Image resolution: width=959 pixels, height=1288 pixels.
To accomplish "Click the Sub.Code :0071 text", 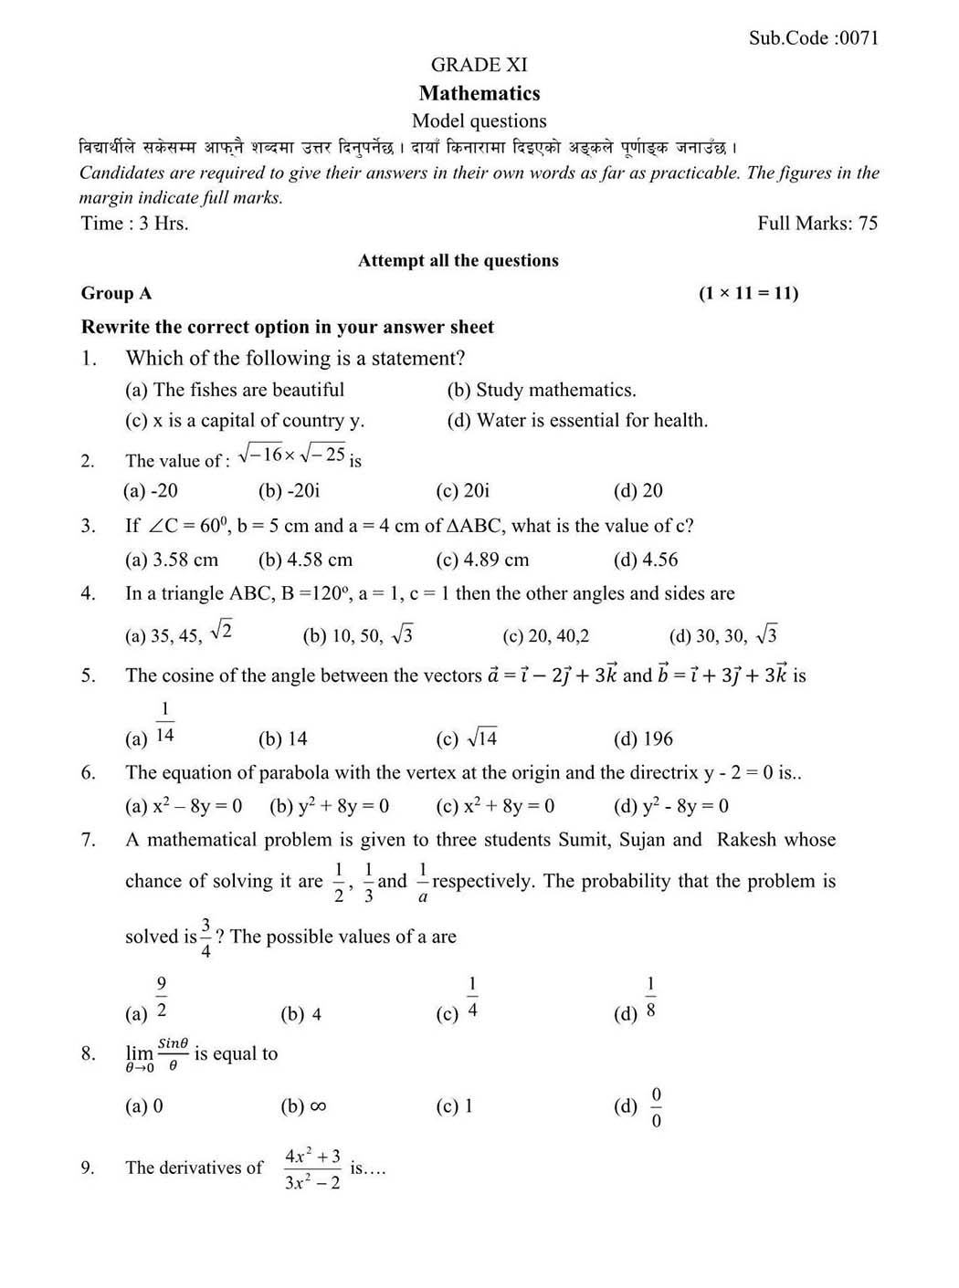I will tap(813, 37).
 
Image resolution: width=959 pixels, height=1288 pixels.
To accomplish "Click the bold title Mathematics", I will tap(479, 93).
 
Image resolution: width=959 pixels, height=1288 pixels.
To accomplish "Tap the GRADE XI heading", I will tap(479, 65).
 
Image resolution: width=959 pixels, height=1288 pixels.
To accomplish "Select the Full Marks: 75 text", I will tap(817, 224).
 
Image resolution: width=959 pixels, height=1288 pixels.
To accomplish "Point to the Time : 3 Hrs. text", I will tap(135, 224).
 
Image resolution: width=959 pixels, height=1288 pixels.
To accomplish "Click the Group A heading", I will tap(117, 293).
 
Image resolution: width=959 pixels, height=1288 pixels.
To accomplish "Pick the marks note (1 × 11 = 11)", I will tap(748, 293).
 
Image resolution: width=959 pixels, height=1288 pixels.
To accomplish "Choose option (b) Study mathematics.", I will tap(542, 391).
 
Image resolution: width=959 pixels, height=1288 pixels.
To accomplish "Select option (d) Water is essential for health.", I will tap(577, 421).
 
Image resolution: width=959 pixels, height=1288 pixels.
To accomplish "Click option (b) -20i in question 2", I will tap(289, 491).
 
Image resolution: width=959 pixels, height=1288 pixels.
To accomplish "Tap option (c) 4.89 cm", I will tap(482, 560).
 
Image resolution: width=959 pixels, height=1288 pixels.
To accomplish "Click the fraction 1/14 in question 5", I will tap(165, 722).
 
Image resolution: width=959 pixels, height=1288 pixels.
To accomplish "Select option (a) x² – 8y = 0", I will tap(184, 806).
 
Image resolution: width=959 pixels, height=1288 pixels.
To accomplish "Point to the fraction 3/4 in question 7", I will tap(206, 937).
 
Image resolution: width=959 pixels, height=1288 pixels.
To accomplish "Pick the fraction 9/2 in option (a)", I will tap(162, 998).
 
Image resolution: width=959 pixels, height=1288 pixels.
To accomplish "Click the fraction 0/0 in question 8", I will tap(656, 1107).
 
